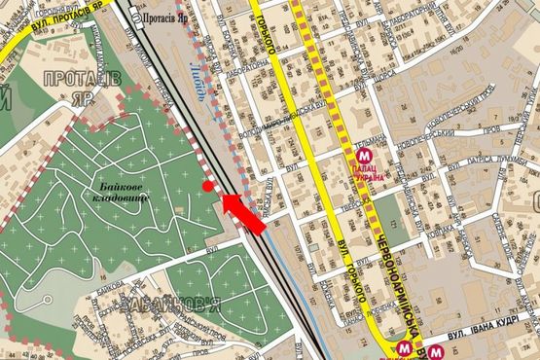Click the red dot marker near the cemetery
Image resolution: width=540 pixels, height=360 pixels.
(x=206, y=186)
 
